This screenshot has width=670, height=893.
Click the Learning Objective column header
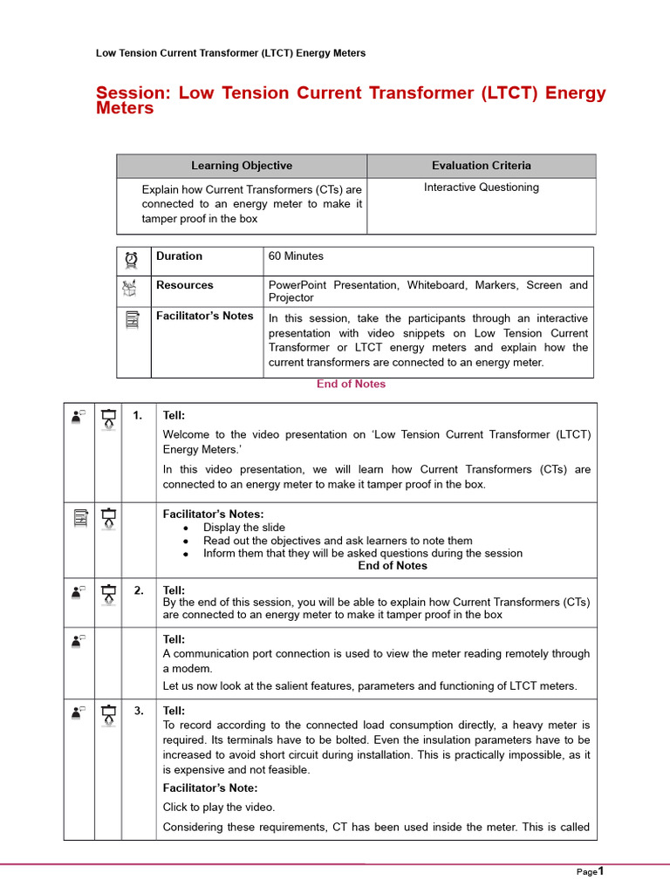tap(242, 166)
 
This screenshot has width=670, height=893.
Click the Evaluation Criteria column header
tap(481, 166)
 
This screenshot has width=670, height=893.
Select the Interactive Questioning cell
tap(481, 187)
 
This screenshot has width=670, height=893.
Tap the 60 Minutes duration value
tap(296, 256)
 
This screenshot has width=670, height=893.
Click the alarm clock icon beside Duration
tap(132, 259)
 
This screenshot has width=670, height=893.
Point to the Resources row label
tap(185, 285)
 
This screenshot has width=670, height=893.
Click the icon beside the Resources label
tap(132, 288)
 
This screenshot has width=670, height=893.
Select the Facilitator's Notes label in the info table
tap(205, 317)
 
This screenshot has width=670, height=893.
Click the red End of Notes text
tap(351, 384)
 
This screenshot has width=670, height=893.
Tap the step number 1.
tap(138, 416)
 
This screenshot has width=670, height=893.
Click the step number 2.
tap(139, 590)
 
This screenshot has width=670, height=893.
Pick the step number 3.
tap(139, 711)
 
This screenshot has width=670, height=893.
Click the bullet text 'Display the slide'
tap(243, 528)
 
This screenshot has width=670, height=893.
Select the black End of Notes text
tap(393, 566)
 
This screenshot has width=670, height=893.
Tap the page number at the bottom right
tap(600, 870)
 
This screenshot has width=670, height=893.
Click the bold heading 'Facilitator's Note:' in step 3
tap(209, 788)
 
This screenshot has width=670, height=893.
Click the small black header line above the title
tap(230, 53)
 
